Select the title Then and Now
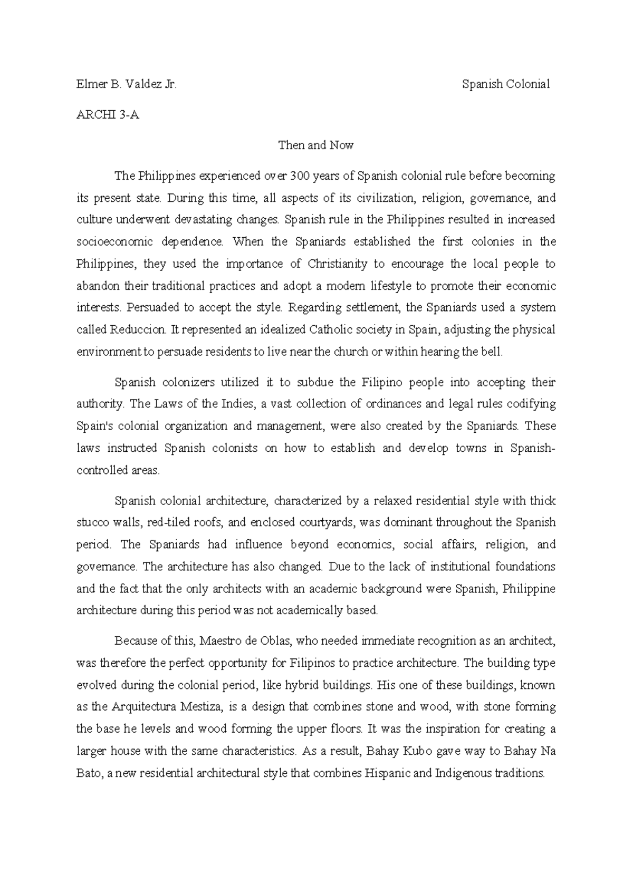315,145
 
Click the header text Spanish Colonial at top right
506,84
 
